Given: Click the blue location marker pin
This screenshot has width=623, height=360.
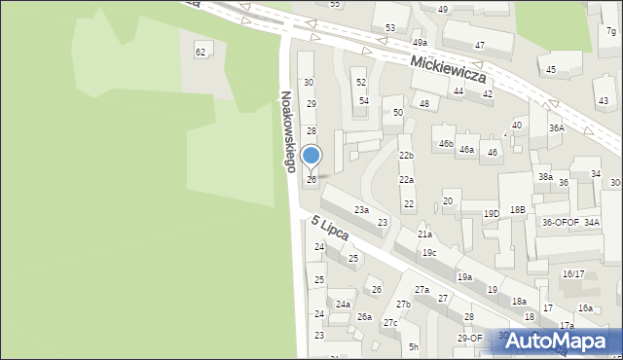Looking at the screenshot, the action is coord(311,157).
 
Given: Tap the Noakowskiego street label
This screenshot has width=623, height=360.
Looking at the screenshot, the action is coord(287,131).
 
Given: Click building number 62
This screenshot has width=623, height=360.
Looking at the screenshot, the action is coord(201,52).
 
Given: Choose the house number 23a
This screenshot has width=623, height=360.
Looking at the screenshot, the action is coord(361,210).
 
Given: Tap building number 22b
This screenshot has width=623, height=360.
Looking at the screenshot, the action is coord(406,156).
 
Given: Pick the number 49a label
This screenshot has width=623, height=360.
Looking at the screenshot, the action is coord(420,44).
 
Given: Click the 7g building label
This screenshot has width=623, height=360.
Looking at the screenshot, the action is coord(610,32).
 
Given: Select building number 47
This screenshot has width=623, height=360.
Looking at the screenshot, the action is coord(480,46).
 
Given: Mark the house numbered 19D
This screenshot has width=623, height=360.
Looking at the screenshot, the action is coord(492,214).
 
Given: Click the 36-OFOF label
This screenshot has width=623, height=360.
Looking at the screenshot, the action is coord(561,223).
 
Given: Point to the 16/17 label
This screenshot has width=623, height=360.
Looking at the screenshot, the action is coord(572,274).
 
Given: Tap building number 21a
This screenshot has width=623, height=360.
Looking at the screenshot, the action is coord(424,234).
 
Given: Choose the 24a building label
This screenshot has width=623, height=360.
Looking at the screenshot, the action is coord(343,305).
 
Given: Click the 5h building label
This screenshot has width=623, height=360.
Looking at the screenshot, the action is coord(414,347).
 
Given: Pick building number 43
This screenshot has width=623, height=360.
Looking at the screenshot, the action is coord(604,101).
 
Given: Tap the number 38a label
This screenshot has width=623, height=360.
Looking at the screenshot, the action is coord(545,177).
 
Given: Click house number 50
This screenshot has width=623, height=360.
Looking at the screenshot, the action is coord(397,113).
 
